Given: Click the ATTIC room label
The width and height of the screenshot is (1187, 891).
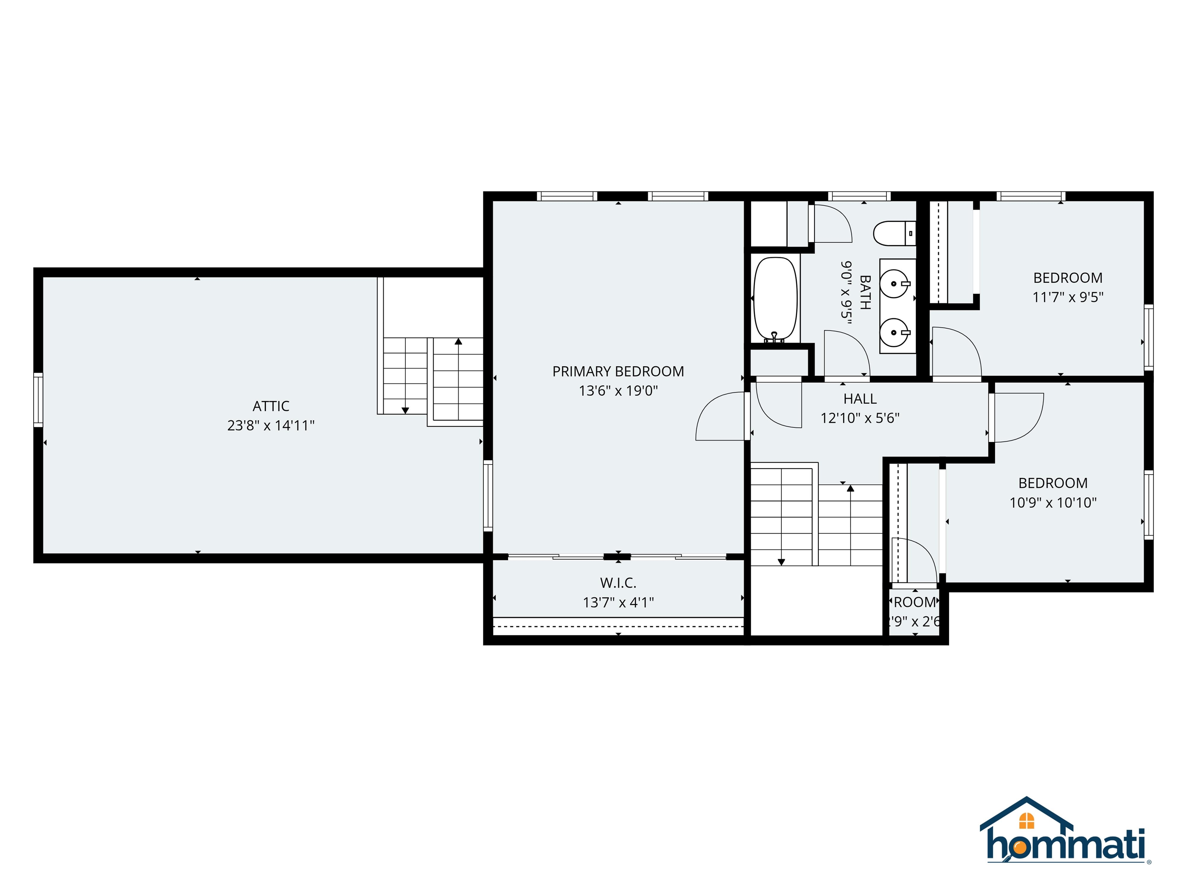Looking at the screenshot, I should pos(270,406).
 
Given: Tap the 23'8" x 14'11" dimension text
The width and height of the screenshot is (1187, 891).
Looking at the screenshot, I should pos(270,425).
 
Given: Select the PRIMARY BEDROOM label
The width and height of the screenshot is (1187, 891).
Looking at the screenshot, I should pos(618,371).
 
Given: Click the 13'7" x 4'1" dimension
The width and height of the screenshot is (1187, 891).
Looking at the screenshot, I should pos(618,602).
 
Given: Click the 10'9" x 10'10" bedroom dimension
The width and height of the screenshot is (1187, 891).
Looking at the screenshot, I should pos(1053,502).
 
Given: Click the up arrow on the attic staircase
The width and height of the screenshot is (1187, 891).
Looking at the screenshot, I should pos(458,341).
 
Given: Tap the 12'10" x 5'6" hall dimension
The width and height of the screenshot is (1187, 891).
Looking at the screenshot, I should pos(860,418).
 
